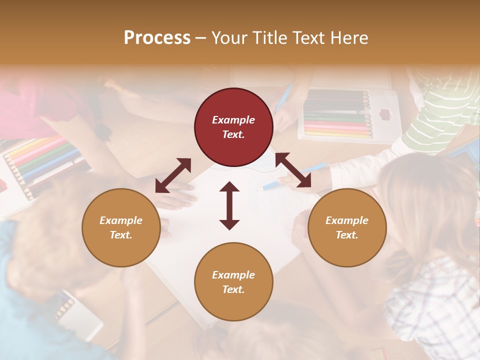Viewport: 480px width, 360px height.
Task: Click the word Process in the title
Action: tap(157, 38)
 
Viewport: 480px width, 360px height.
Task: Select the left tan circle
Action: tap(121, 227)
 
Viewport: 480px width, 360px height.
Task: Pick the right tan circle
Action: tap(347, 227)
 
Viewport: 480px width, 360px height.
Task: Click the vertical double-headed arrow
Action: tap(229, 205)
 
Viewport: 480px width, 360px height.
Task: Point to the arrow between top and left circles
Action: tap(173, 175)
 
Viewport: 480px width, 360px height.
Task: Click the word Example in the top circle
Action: tap(233, 120)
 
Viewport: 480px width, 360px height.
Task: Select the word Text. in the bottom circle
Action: tap(233, 289)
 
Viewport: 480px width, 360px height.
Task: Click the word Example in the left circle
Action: tap(121, 220)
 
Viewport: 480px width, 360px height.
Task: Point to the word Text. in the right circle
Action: tap(347, 235)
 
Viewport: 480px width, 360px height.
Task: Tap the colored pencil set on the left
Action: tap(40, 165)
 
